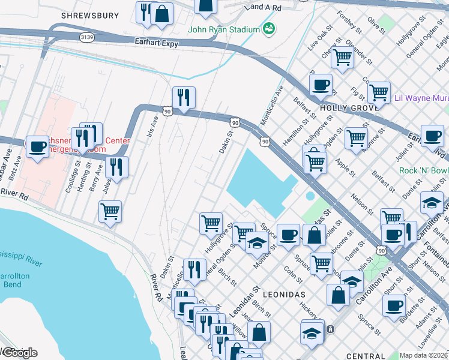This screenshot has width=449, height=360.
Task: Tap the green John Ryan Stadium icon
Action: tap(269, 29)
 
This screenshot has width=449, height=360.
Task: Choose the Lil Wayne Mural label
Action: tap(421, 98)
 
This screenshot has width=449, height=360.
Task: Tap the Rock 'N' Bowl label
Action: tap(424, 170)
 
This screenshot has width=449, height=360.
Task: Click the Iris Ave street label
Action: tap(152, 127)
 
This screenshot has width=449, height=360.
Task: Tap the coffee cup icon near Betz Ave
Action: tap(37, 146)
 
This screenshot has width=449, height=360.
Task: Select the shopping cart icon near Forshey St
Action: tap(342, 58)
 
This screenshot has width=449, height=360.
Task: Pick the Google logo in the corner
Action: tap(19, 352)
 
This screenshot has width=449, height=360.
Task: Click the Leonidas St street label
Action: tap(243, 301)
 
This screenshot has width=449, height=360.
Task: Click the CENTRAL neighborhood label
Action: tap(365, 356)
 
